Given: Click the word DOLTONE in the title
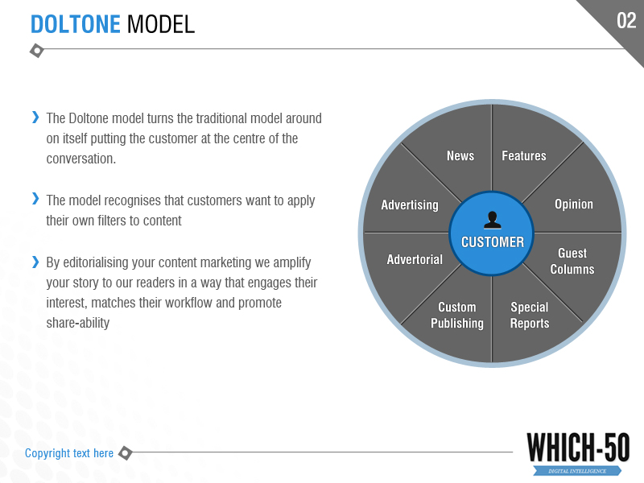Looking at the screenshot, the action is point(76,24).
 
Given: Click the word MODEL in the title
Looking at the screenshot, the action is point(160,24).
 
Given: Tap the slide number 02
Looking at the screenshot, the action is point(626,21).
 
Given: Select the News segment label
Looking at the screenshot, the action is point(460,155).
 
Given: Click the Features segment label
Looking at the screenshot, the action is point(524,155).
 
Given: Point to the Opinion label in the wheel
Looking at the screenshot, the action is point(574,204).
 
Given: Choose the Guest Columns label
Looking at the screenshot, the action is point(572,261).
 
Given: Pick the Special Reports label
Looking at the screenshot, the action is point(530,315).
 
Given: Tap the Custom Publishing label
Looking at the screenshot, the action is point(457,315).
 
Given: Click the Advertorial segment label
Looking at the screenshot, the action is point(415,259).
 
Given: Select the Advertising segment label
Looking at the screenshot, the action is point(410,205).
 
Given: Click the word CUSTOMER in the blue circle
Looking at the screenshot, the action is point(493,242).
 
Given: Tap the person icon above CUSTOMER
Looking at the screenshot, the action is point(493,220).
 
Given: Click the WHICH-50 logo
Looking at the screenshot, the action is point(578,452).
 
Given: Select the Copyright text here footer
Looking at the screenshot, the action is point(69,453).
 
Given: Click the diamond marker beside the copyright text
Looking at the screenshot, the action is point(126,453).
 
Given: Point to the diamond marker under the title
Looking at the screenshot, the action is point(37,51).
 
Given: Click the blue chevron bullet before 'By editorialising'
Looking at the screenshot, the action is point(35,262).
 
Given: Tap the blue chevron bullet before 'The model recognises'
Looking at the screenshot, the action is point(35,199).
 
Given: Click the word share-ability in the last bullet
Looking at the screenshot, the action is point(78,323).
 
